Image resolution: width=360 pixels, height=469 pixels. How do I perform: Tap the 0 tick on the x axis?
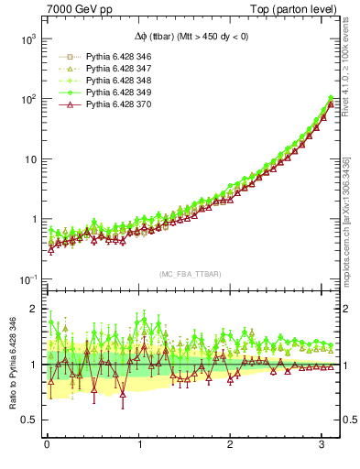click(47, 446)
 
